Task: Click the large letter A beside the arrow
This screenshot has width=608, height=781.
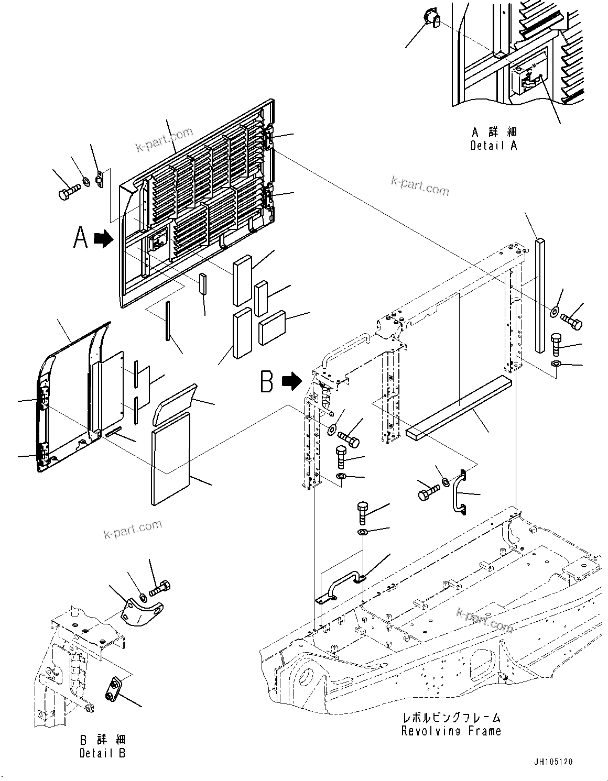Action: [x=80, y=239]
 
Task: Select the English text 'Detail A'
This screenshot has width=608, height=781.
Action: [x=493, y=146]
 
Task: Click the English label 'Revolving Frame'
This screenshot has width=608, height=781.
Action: [x=451, y=731]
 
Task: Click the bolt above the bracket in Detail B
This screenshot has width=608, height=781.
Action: [x=160, y=588]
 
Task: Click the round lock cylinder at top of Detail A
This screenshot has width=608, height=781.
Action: [x=431, y=19]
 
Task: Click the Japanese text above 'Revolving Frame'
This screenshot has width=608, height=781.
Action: [x=451, y=717]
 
